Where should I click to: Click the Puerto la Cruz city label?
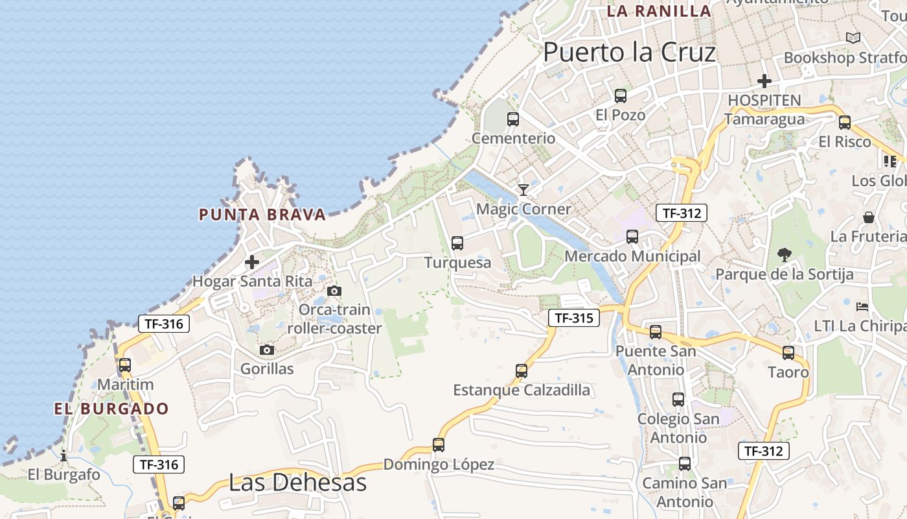pyautogui.click(x=629, y=53)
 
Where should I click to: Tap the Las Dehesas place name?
pyautogui.click(x=297, y=482)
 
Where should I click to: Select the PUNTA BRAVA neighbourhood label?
pyautogui.click(x=262, y=215)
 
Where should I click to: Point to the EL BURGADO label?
pyautogui.click(x=111, y=409)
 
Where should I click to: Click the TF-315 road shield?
pyautogui.click(x=574, y=318)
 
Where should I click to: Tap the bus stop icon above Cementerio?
pyautogui.click(x=513, y=119)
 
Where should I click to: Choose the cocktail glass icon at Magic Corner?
pyautogui.click(x=523, y=189)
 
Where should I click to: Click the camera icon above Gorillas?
pyautogui.click(x=266, y=350)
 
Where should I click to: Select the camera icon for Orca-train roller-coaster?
pyautogui.click(x=334, y=291)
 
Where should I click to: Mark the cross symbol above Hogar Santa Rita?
pyautogui.click(x=252, y=263)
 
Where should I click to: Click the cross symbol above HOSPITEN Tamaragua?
pyautogui.click(x=764, y=81)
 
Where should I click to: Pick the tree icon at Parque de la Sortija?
pyautogui.click(x=784, y=254)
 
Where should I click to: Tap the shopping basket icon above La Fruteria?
pyautogui.click(x=868, y=217)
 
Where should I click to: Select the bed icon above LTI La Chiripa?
pyautogui.click(x=862, y=306)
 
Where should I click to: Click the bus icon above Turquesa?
pyautogui.click(x=457, y=243)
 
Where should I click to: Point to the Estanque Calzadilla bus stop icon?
pyautogui.click(x=522, y=371)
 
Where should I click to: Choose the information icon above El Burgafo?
pyautogui.click(x=63, y=455)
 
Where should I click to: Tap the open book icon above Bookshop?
pyautogui.click(x=853, y=38)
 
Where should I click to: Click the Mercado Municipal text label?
pyautogui.click(x=632, y=257)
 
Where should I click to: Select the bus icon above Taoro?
pyautogui.click(x=788, y=353)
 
